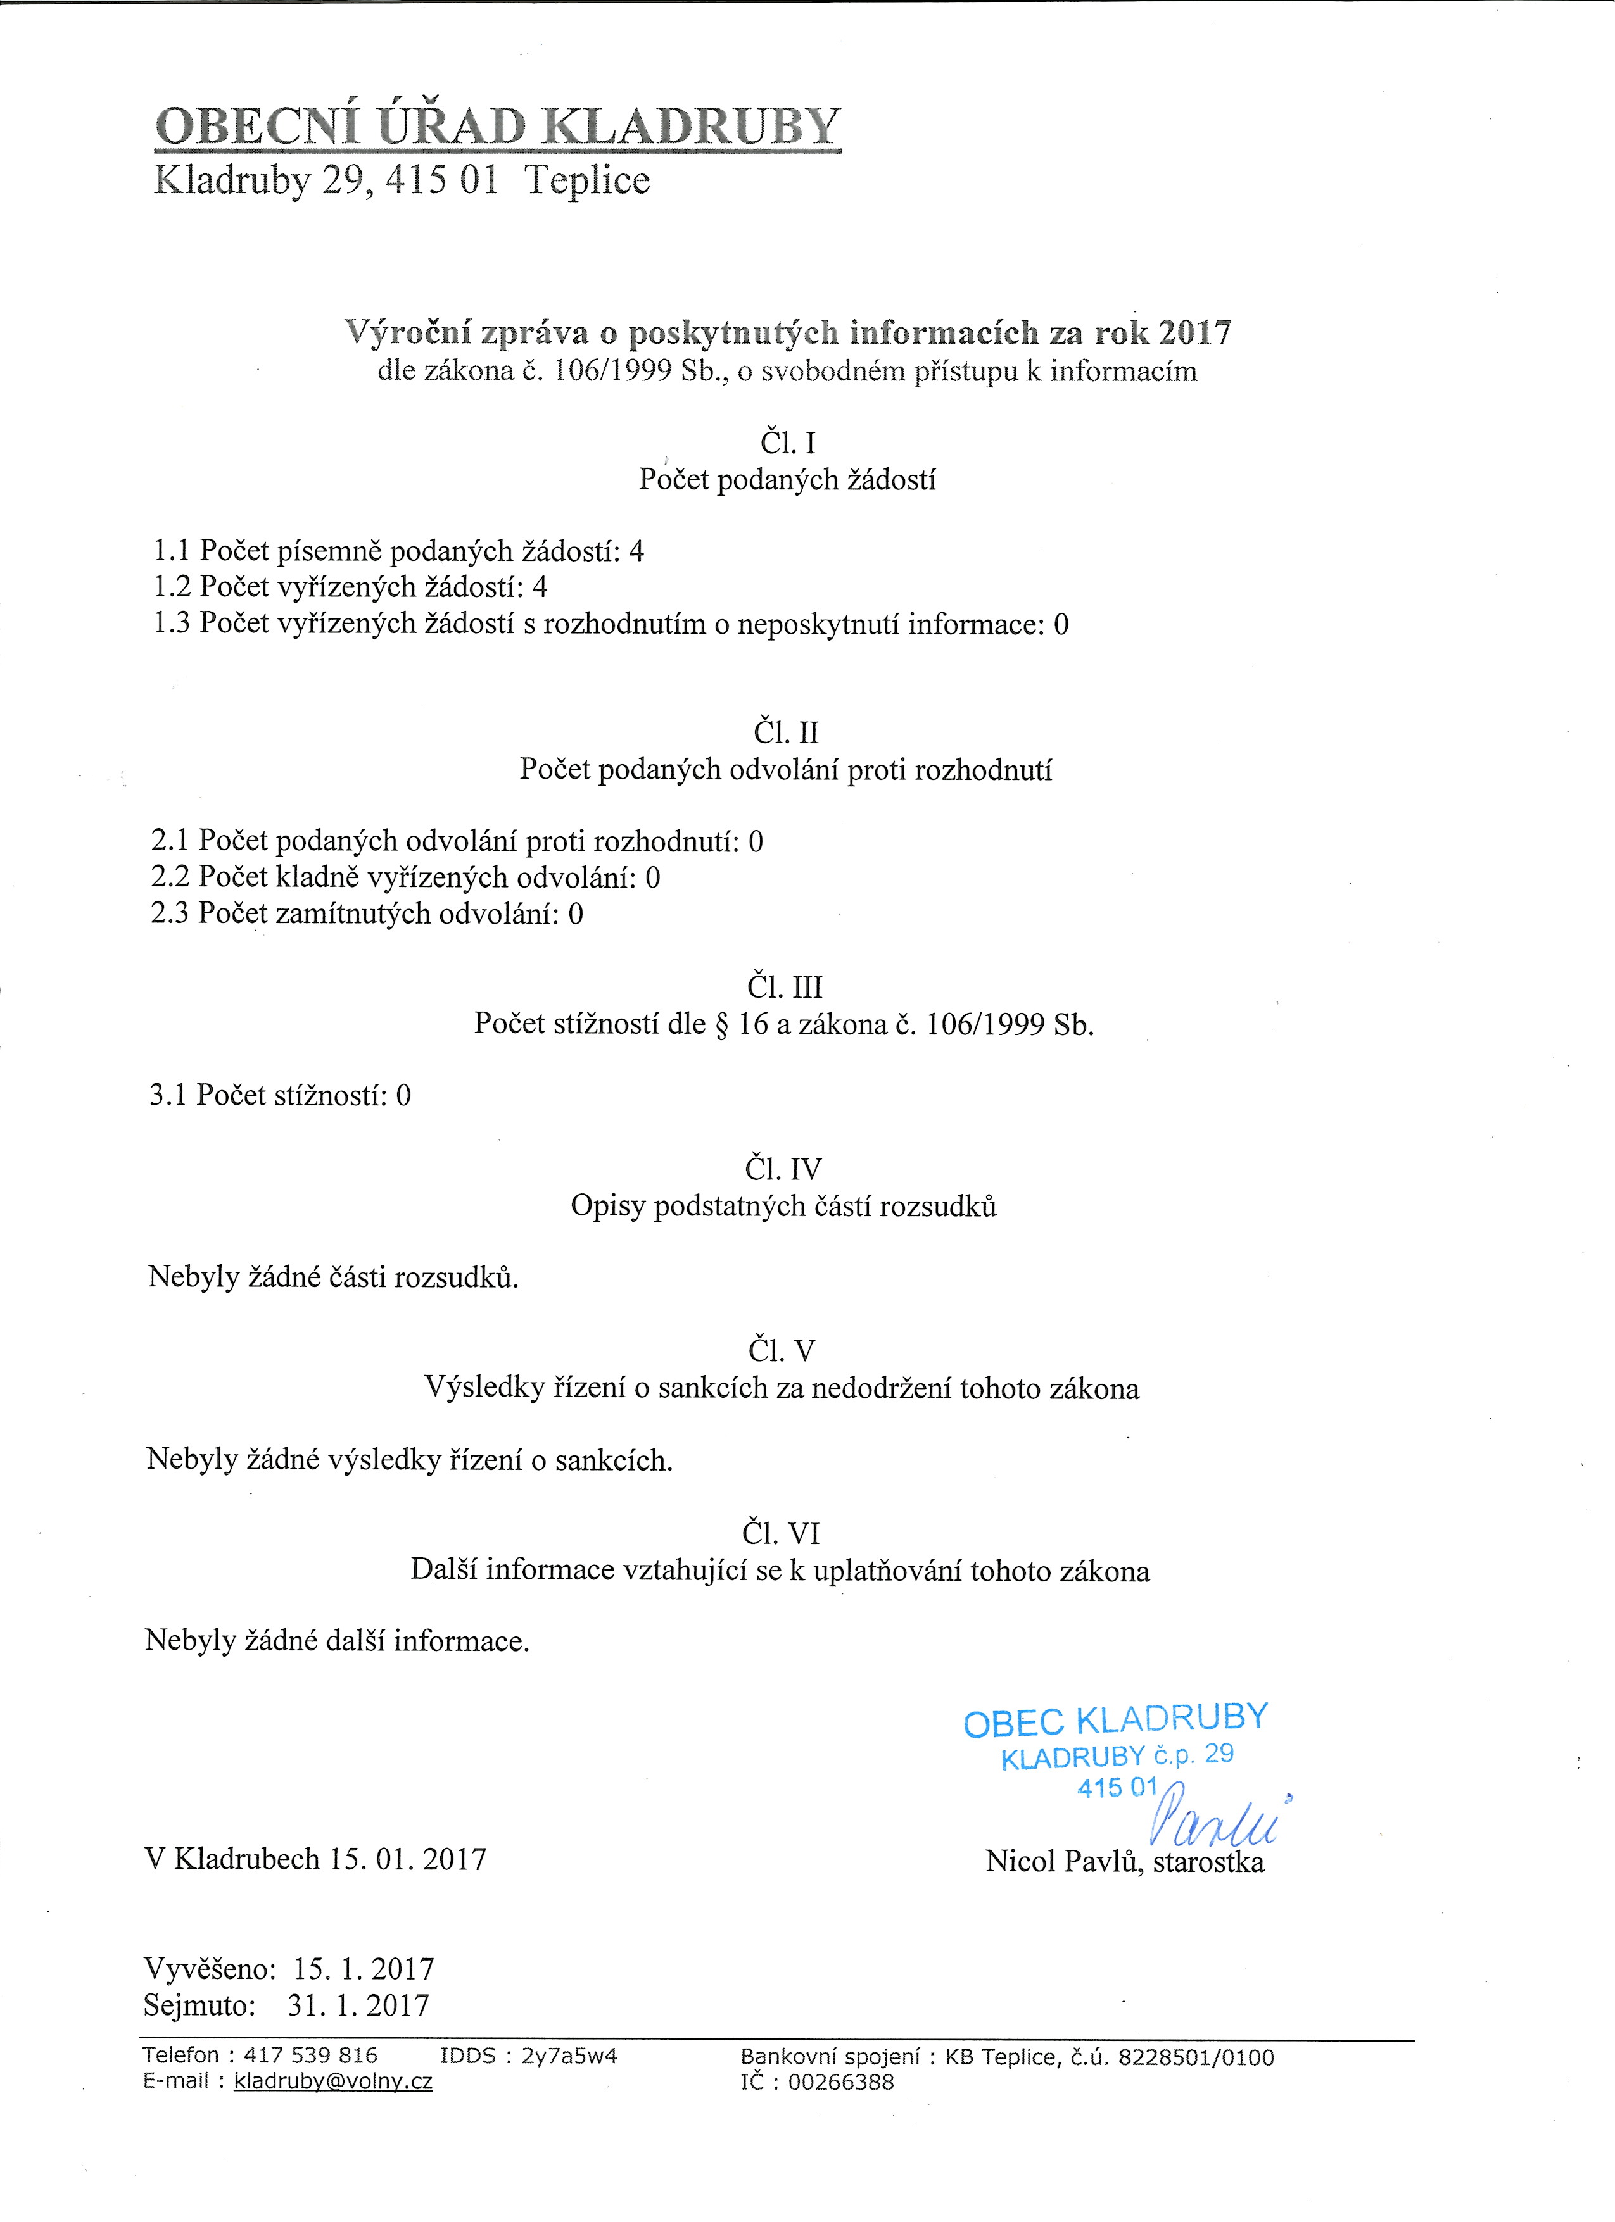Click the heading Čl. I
[787, 444]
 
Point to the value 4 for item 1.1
[637, 551]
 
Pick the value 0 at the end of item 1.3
[1061, 624]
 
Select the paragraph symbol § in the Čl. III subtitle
[722, 1025]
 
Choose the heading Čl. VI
[781, 1533]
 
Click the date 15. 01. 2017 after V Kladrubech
[408, 1859]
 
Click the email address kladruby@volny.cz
[333, 2081]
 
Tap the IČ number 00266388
[841, 2082]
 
